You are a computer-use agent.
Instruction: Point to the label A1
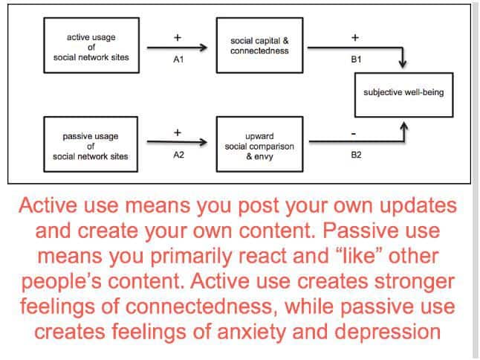178,59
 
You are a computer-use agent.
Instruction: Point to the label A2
179,155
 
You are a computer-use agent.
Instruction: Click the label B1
356,59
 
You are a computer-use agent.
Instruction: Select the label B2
356,155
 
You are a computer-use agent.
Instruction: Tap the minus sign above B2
354,134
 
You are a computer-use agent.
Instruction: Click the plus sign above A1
178,38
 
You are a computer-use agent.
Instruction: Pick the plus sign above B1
355,38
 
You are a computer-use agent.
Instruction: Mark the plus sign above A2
178,132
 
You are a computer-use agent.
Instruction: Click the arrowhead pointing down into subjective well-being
403,64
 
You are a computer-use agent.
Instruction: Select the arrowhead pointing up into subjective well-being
404,126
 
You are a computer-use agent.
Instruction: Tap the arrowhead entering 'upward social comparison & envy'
204,142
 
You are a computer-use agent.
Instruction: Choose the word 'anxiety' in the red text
251,332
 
